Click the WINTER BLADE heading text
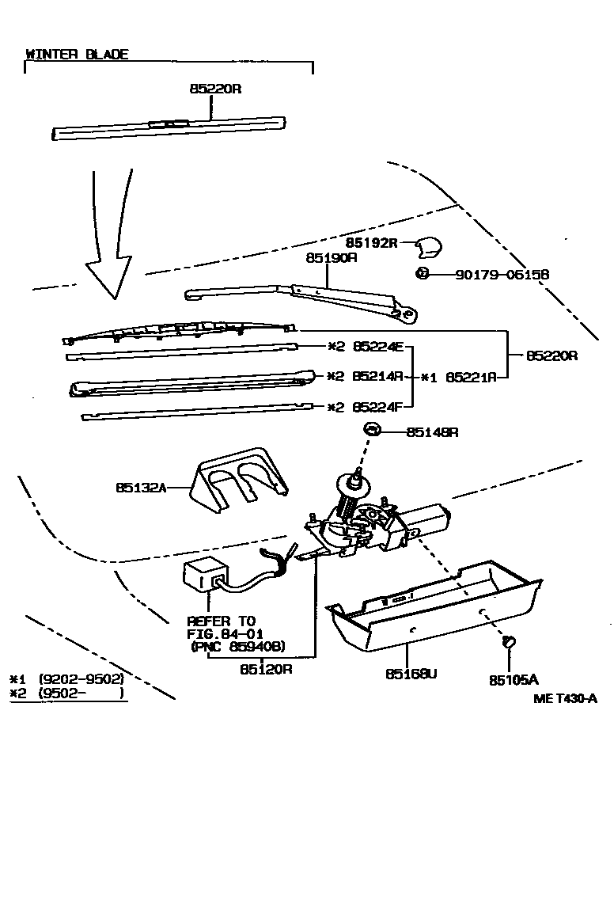click(77, 55)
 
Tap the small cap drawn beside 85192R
click(427, 248)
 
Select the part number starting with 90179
click(502, 275)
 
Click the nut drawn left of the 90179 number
click(422, 274)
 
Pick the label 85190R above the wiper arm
click(332, 257)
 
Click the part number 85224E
click(378, 346)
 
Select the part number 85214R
click(378, 377)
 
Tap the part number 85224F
click(378, 408)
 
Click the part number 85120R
click(266, 669)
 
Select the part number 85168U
click(411, 674)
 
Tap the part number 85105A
click(513, 679)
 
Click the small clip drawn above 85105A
click(509, 641)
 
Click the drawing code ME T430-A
click(564, 697)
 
